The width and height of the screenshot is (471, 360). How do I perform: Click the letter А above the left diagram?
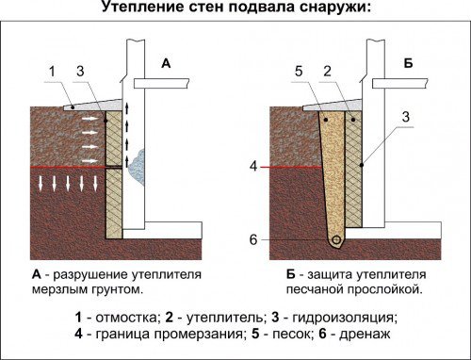[166, 63]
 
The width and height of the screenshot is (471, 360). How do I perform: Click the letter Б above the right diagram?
[408, 63]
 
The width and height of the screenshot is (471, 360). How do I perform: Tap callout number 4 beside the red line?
[253, 167]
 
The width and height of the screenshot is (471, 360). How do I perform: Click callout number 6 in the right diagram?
[253, 240]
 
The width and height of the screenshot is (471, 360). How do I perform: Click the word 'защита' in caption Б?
[328, 274]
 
